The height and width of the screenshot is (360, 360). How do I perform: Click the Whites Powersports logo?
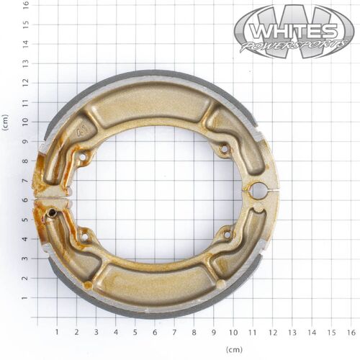(x=294, y=32)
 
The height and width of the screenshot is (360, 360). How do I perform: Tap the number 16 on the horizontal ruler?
(x=351, y=333)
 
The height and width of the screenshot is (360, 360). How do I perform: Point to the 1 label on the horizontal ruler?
(x=57, y=333)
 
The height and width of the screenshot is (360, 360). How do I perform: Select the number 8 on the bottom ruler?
(x=194, y=333)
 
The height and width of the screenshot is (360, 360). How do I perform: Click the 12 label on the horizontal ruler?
(x=272, y=333)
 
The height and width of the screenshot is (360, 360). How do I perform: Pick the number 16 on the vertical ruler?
(x=26, y=4)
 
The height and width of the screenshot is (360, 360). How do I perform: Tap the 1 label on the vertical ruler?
(x=26, y=298)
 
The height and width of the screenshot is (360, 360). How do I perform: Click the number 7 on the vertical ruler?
(x=26, y=181)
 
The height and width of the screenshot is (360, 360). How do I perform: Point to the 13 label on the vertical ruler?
(x=26, y=63)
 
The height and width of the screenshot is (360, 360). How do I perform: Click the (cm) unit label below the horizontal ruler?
(x=234, y=349)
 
